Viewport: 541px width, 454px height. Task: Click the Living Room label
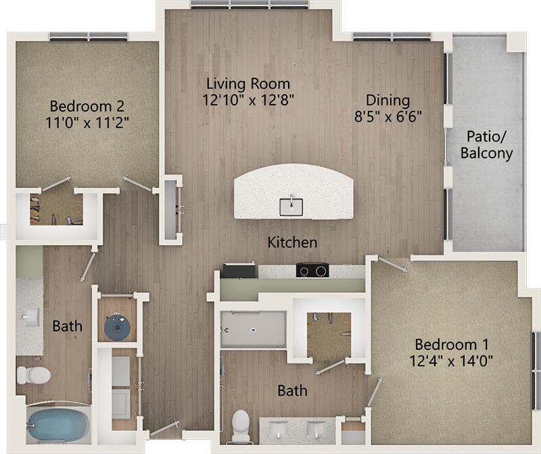(248, 84)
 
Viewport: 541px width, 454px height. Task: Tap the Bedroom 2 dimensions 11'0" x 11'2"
(87, 122)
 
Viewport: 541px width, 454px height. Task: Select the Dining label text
(387, 100)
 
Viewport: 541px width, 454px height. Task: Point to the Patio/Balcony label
(486, 145)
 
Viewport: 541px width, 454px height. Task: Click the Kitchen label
(292, 242)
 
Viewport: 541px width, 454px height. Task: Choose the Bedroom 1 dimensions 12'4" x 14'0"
(451, 361)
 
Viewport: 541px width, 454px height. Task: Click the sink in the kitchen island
(291, 206)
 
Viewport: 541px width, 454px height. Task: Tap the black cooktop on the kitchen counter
(312, 270)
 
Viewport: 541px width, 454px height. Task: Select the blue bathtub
(58, 425)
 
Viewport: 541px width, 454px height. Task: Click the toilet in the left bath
(33, 376)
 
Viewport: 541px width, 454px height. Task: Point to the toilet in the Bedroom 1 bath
(241, 426)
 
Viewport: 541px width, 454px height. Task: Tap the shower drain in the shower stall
(253, 330)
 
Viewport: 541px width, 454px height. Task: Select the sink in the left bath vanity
(31, 317)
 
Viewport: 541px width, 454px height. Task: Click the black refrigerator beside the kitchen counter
(239, 271)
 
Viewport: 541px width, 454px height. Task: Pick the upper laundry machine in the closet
(121, 371)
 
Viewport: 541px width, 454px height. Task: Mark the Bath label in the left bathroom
(67, 326)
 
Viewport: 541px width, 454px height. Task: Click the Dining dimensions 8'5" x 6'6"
(388, 116)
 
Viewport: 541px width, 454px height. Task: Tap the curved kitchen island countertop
(293, 191)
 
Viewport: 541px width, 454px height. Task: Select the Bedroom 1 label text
(451, 344)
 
